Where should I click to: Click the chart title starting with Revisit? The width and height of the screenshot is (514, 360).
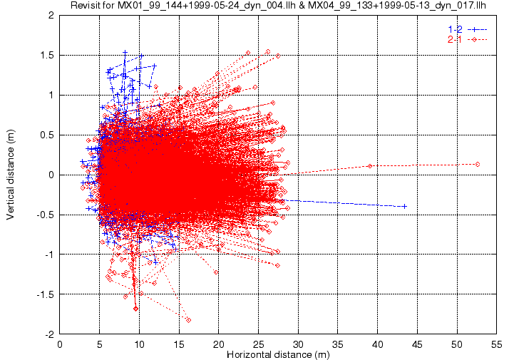278,5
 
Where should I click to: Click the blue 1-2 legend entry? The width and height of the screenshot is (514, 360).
468,29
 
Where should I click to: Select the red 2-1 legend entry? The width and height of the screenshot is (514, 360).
468,40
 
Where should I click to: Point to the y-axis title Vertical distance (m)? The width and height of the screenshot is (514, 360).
11,175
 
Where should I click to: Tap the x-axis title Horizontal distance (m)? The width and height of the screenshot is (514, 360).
278,354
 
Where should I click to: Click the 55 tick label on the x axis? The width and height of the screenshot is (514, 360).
496,344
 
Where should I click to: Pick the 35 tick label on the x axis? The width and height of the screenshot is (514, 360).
338,344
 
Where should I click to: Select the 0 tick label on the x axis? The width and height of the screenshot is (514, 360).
60,344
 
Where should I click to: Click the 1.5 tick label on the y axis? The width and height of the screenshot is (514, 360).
47,55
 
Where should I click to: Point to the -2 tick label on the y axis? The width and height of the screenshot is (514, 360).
49,334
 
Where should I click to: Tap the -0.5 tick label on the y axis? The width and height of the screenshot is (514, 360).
45,215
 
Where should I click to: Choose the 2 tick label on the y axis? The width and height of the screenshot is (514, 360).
51,16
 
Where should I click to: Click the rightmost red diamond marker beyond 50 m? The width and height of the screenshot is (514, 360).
478,164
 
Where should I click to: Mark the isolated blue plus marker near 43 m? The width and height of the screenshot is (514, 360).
405,206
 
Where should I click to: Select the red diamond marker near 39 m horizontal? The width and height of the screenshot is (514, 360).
370,166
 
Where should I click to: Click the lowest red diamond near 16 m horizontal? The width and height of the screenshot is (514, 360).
188,320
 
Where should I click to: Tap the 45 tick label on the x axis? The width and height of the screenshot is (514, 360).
417,344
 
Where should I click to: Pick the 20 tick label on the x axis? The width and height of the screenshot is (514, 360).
219,344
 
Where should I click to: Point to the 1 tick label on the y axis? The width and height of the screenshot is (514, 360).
51,95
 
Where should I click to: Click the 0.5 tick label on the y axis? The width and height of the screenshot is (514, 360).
47,135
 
